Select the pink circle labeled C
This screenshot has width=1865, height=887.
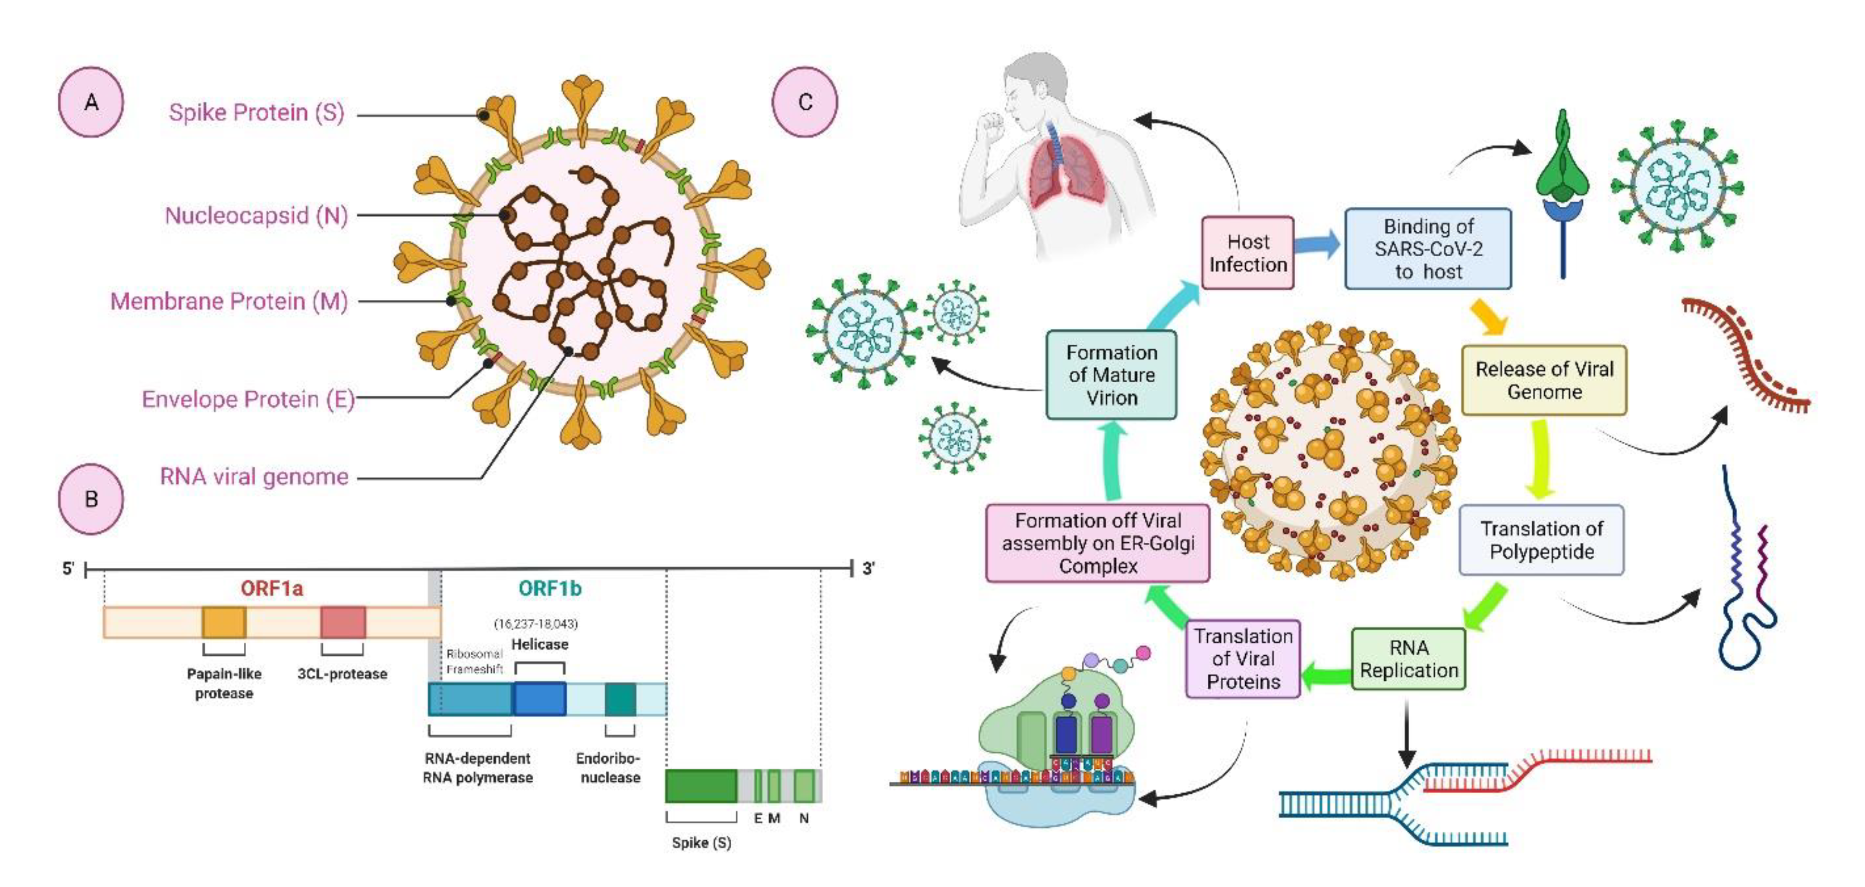[804, 102]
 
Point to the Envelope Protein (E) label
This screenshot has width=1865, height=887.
[248, 399]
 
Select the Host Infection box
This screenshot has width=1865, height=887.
[1248, 253]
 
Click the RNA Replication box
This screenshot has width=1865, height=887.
[1408, 659]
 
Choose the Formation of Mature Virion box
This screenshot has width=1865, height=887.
[1111, 375]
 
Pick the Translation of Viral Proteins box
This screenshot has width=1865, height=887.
[1242, 659]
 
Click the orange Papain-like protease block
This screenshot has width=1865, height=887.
[224, 623]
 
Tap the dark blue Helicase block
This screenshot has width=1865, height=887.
[539, 699]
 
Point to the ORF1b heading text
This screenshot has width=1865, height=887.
[550, 588]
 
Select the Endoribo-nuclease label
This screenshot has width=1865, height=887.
[609, 767]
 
